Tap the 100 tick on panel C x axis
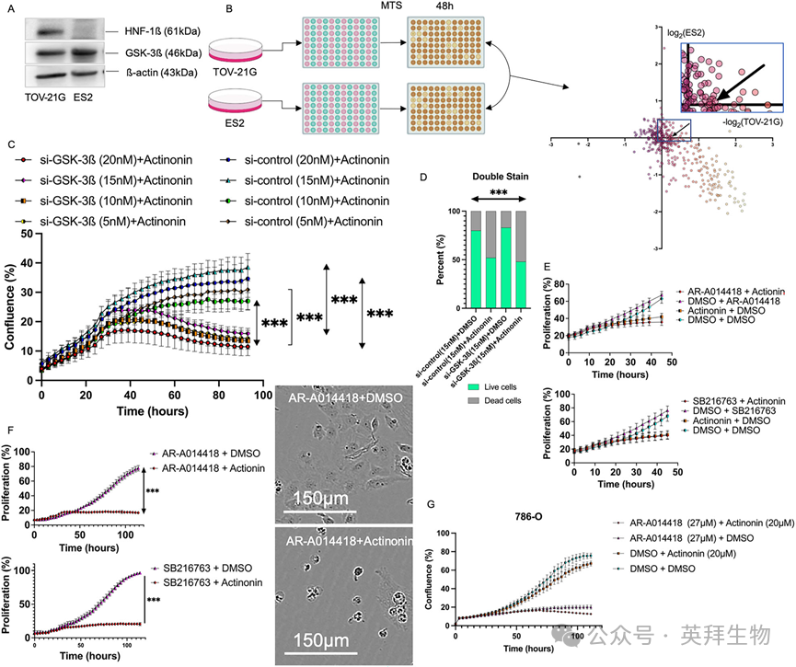(x=261, y=396)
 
